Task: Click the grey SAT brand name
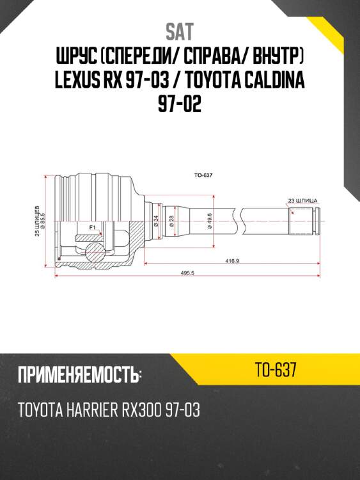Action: coord(180,32)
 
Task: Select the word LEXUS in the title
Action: coord(77,80)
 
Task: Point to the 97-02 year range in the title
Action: coord(180,104)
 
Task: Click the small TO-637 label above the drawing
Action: coord(203,175)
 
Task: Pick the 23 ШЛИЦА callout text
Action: coord(302,201)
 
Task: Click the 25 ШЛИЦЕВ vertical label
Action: coord(37,221)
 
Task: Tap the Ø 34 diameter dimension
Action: coord(156,221)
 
